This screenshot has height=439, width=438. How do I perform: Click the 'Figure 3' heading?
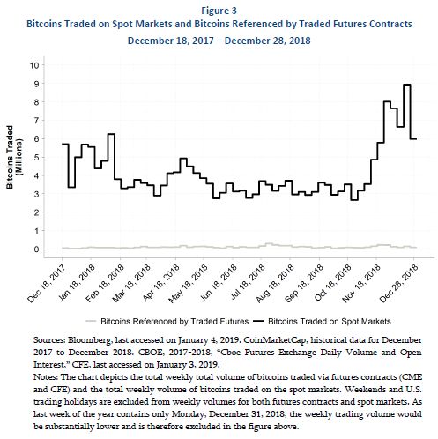219,11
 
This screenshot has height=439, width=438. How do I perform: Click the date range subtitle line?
219,41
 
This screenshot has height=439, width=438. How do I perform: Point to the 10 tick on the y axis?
34,65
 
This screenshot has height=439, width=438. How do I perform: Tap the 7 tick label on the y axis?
37,120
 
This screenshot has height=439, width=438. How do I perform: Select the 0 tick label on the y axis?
37,249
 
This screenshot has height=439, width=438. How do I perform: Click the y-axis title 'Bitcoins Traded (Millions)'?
14,157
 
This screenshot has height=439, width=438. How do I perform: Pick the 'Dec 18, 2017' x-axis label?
47,284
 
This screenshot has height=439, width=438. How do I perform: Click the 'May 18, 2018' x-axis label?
188,284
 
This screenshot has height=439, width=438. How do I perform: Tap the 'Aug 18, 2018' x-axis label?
275,284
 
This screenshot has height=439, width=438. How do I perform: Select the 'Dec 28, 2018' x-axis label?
398,284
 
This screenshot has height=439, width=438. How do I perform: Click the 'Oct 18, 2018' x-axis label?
332,284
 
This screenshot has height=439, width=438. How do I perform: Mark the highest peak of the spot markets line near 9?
407,85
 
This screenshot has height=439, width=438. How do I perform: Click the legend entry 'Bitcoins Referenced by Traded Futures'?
174,322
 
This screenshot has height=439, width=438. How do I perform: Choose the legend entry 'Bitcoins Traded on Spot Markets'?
330,322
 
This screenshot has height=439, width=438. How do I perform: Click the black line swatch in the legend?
258,322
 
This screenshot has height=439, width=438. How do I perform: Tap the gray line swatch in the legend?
91,322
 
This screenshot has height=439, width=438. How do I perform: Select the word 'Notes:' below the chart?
46,377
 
